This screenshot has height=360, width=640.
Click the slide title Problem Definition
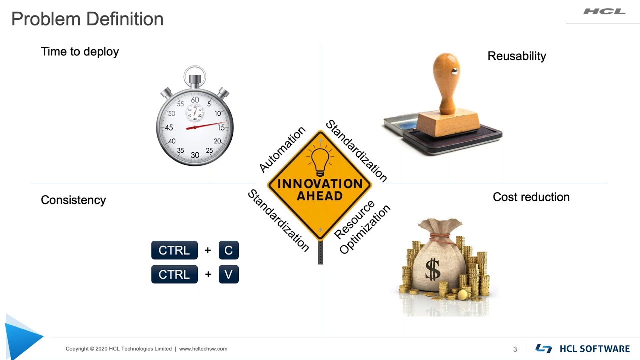(x=87, y=19)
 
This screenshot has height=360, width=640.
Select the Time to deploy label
(x=80, y=52)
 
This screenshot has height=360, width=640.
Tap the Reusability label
(x=517, y=56)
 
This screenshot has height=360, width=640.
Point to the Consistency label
(x=73, y=200)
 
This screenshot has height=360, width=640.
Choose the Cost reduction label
(x=531, y=197)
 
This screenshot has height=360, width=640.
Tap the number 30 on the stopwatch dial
(x=195, y=155)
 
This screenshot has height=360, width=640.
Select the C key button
(x=229, y=250)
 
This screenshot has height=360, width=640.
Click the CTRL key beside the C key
(x=174, y=250)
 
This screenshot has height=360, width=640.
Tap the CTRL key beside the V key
(x=174, y=274)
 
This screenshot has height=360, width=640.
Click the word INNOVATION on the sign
(x=320, y=184)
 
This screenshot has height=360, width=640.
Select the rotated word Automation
(x=282, y=149)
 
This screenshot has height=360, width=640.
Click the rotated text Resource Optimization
(x=362, y=227)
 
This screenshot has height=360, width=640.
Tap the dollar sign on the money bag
(x=433, y=269)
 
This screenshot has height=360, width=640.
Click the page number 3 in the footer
(x=515, y=349)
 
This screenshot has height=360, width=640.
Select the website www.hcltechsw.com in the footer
(x=203, y=349)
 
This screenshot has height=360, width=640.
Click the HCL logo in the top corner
(x=604, y=11)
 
